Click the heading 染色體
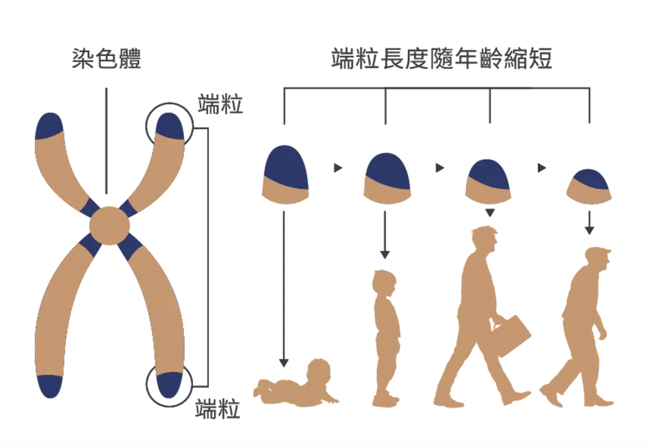[106, 59]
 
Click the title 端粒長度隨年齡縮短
[442, 59]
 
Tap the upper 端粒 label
[220, 104]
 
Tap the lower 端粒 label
[217, 409]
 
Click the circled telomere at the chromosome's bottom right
[169, 385]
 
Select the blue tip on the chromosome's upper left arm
[49, 125]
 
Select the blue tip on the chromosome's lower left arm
[50, 385]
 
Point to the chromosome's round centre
[109, 226]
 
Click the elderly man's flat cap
[598, 254]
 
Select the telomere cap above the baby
[285, 175]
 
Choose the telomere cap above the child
[387, 179]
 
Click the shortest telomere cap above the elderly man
[588, 186]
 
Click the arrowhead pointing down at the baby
[283, 363]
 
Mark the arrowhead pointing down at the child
[385, 254]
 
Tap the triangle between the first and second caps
[338, 168]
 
